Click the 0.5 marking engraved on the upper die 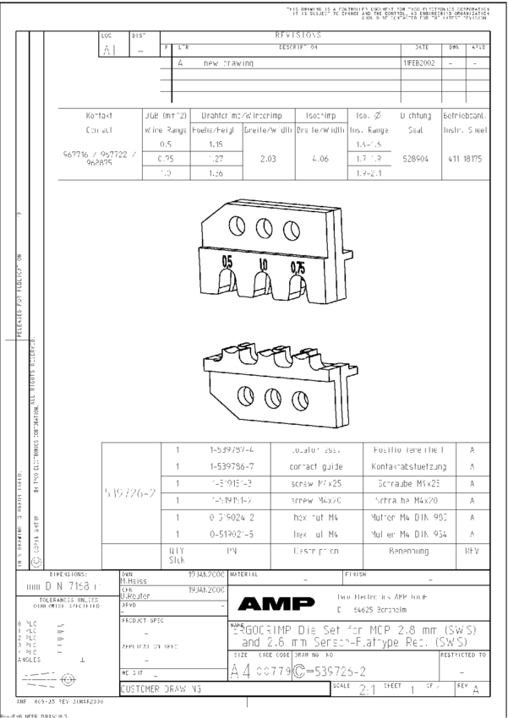coord(227,262)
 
